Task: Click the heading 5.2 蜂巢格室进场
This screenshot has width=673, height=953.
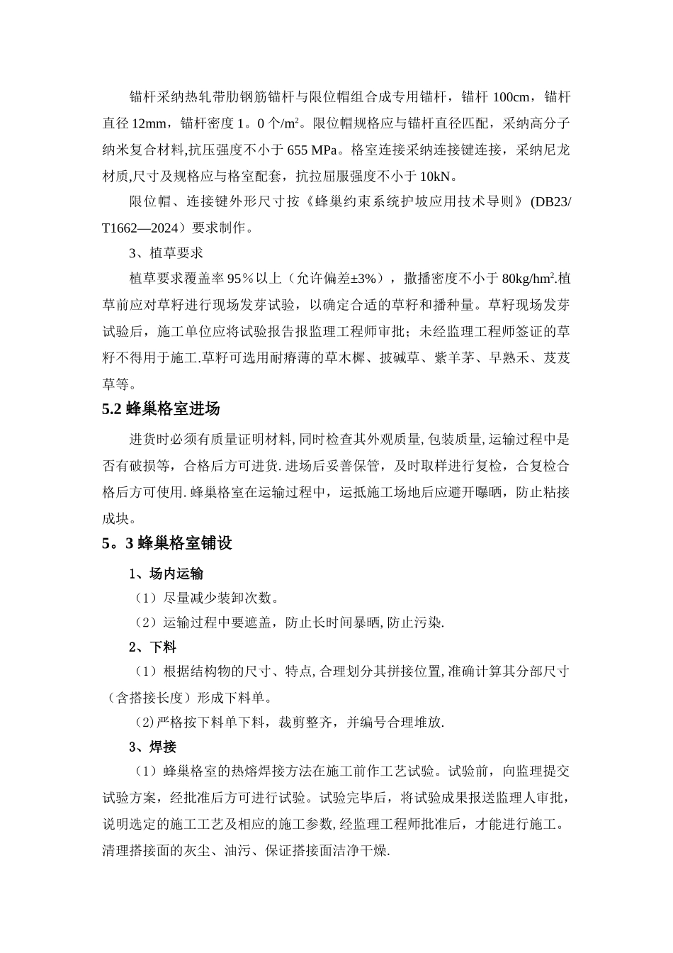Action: [161, 409]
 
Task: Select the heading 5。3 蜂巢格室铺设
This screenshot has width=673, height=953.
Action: [167, 544]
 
